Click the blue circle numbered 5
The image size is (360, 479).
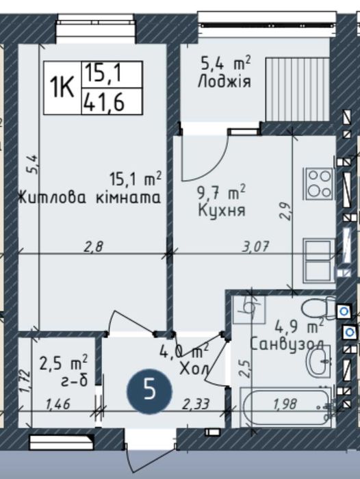[150, 391]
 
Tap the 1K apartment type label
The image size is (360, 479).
[62, 87]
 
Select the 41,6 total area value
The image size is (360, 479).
[104, 102]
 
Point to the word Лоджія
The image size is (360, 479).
[224, 82]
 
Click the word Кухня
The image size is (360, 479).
[222, 211]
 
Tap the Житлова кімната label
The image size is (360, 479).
[90, 198]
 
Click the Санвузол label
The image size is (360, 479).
[287, 345]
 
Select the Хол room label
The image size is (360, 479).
[194, 370]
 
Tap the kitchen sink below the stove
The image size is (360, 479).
[318, 261]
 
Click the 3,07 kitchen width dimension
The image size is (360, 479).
[255, 246]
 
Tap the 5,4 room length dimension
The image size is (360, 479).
[33, 164]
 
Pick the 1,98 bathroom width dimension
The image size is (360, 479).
[285, 404]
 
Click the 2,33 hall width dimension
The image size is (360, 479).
[196, 404]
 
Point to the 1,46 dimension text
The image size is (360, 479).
[58, 404]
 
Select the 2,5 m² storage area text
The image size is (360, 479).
[64, 363]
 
